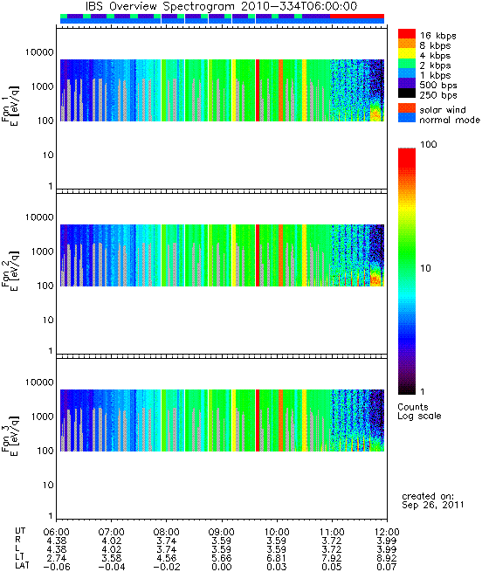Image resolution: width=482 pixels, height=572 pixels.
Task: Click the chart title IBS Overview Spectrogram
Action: (160, 6)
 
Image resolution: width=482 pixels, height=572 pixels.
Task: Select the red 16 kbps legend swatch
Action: (407, 33)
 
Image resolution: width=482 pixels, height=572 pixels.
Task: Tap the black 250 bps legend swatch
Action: (407, 93)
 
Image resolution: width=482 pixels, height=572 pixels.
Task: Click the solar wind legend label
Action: (442, 110)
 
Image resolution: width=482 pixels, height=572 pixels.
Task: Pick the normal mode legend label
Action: (450, 120)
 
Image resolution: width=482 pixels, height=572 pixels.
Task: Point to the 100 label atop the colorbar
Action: (429, 144)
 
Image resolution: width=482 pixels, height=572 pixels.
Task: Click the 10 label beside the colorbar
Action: (426, 268)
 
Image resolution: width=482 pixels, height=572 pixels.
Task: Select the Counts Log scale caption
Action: (419, 411)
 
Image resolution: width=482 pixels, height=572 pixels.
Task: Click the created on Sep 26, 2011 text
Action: (433, 500)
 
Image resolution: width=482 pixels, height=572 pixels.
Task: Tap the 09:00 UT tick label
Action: (222, 532)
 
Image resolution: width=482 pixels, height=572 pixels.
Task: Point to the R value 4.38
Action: (57, 541)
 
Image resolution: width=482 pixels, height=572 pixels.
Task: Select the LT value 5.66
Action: (222, 558)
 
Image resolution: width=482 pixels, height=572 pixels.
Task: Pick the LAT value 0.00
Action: (222, 567)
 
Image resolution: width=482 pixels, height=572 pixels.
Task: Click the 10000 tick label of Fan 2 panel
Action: (39, 217)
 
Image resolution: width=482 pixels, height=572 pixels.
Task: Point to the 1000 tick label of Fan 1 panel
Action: (42, 86)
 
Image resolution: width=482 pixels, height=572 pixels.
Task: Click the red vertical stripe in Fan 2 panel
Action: (258, 255)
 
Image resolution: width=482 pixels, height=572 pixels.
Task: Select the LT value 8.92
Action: (387, 558)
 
